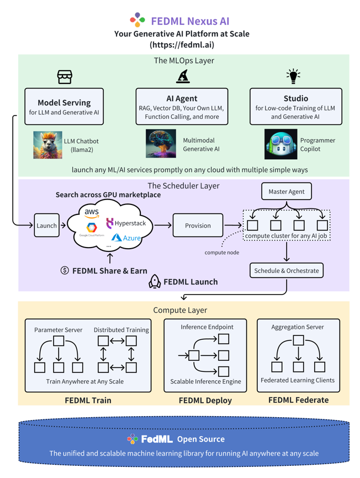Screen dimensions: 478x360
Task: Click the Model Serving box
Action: [x=64, y=107]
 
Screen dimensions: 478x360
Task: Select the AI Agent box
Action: [x=182, y=107]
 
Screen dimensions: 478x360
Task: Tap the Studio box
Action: [x=295, y=107]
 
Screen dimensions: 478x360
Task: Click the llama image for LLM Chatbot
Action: [x=47, y=145]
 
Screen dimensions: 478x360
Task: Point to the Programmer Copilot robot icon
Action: [x=280, y=144]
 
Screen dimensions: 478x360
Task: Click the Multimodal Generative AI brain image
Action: [x=161, y=144]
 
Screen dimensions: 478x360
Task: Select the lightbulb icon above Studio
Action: [x=293, y=76]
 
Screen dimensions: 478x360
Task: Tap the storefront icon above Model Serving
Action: [x=65, y=77]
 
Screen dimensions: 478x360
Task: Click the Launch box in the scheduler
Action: [x=46, y=225]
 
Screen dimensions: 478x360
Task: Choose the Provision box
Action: [x=198, y=225]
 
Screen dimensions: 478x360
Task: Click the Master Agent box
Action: [x=286, y=192]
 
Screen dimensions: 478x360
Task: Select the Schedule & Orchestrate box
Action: [x=286, y=271]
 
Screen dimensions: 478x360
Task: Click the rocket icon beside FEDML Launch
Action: [x=155, y=282]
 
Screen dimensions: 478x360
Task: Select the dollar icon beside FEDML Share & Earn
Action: [x=65, y=270]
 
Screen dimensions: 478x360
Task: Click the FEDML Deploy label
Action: [x=205, y=400]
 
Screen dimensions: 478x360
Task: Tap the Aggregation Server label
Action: [x=298, y=327]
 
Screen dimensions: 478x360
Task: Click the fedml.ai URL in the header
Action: [x=182, y=45]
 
